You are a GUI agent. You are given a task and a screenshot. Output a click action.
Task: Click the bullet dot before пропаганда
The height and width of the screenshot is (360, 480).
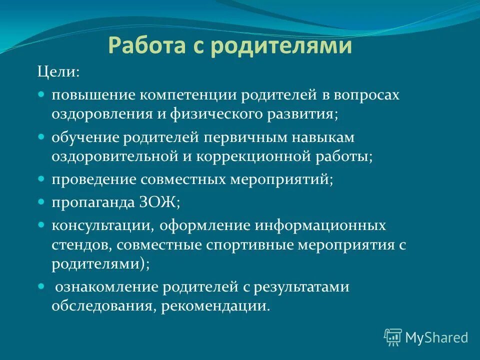[x=41, y=201]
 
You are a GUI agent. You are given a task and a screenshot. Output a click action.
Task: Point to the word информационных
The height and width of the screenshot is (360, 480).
[x=320, y=226]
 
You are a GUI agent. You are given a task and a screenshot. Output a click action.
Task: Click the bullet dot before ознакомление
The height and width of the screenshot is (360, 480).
[x=41, y=286]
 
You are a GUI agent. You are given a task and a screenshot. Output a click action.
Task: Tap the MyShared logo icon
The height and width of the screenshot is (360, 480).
[x=393, y=337]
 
